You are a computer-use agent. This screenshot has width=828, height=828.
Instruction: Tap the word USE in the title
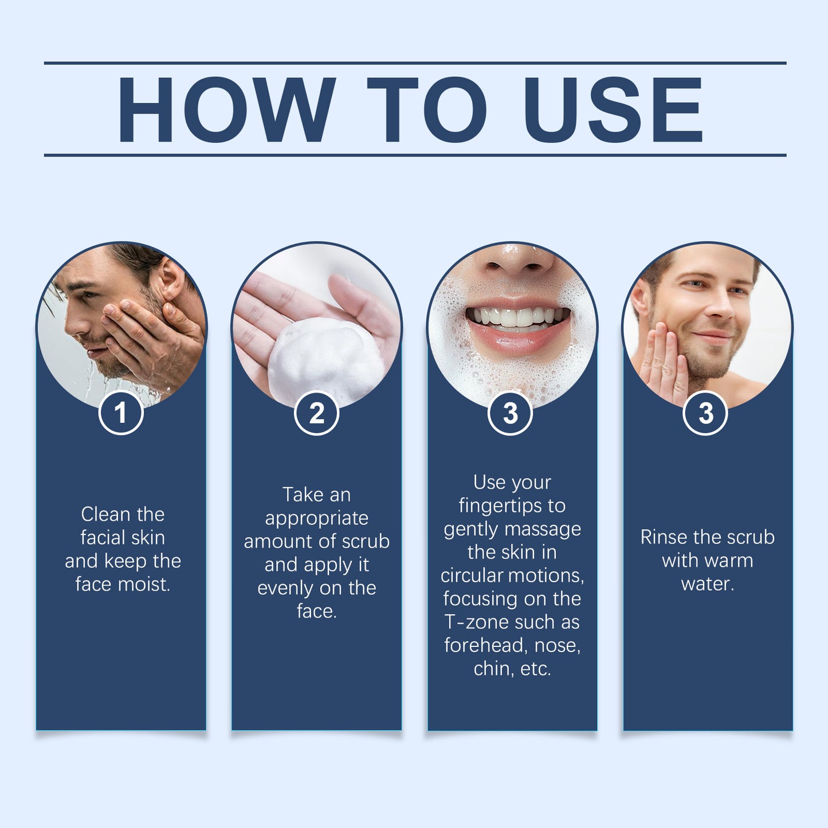[613, 109]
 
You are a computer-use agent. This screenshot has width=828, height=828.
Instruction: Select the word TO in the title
[427, 109]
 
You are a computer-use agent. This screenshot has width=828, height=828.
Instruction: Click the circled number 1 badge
[121, 413]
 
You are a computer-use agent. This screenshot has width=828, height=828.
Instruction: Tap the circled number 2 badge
[316, 413]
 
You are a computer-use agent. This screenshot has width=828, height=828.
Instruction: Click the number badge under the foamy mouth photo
[510, 413]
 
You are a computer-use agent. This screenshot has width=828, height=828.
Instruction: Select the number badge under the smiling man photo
[705, 413]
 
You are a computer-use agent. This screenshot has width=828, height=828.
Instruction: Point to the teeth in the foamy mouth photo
[516, 317]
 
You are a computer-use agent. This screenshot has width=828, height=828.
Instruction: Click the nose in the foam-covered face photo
[516, 261]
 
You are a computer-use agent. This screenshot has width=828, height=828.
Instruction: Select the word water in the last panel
[707, 584]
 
